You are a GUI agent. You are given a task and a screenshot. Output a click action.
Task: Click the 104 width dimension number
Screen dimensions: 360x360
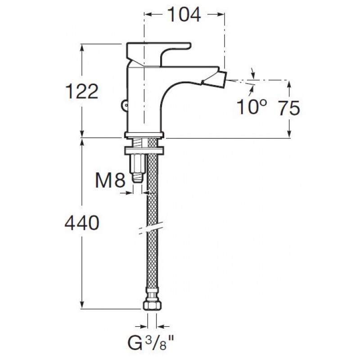pyautogui.click(x=184, y=15)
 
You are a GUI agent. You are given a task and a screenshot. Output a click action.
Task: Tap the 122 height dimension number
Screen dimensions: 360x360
pyautogui.click(x=82, y=91)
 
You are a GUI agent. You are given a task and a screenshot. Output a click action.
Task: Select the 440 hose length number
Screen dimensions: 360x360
pyautogui.click(x=82, y=223)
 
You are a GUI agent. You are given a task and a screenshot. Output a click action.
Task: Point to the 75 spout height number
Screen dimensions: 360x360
pyautogui.click(x=289, y=108)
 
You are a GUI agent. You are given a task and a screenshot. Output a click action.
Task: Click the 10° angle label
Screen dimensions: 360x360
pyautogui.click(x=252, y=107)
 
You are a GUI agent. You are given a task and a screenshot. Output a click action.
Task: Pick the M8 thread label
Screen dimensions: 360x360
pyautogui.click(x=110, y=180)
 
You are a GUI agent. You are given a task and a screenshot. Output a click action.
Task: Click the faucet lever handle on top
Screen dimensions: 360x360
pyautogui.click(x=158, y=53)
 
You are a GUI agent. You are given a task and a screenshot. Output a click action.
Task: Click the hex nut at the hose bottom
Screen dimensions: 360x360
pyautogui.click(x=152, y=305)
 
